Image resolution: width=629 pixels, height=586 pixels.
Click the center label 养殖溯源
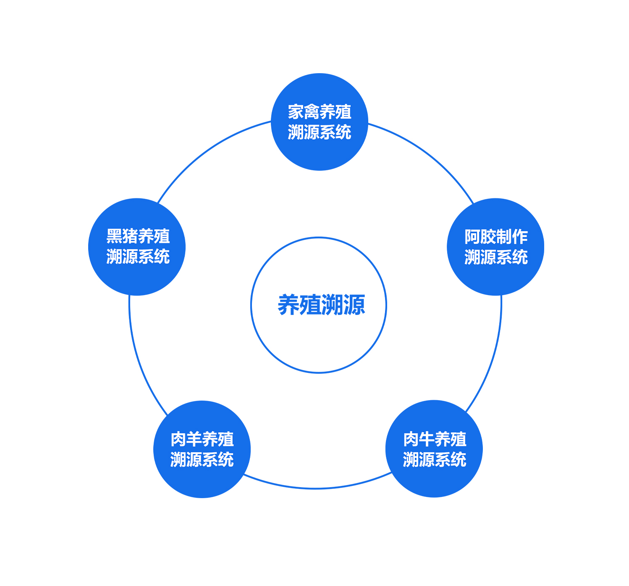[x=321, y=305]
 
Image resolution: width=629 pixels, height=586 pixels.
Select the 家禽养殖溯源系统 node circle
[x=319, y=122]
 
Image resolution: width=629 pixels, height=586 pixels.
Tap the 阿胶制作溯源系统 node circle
[x=495, y=247]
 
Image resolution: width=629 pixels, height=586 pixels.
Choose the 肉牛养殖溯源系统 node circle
[x=434, y=449]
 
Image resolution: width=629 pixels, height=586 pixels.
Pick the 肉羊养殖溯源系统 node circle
[x=202, y=449]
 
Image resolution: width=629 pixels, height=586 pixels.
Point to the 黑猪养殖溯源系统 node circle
[x=137, y=247]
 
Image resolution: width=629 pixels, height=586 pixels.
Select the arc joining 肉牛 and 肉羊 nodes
[x=317, y=488]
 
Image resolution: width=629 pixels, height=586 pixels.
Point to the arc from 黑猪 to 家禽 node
[x=207, y=152]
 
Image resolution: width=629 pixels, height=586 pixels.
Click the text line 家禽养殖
[x=319, y=112]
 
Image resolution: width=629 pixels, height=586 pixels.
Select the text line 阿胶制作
[x=496, y=237]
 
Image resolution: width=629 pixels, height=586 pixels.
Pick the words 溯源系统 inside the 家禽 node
[x=319, y=132]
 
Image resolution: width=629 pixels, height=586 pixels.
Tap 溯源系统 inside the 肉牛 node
[x=435, y=459]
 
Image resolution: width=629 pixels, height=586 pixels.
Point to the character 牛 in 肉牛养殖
[x=427, y=439]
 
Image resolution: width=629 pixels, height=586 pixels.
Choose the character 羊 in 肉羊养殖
[x=194, y=439]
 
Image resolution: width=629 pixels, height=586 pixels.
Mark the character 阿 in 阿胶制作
[x=472, y=237]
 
